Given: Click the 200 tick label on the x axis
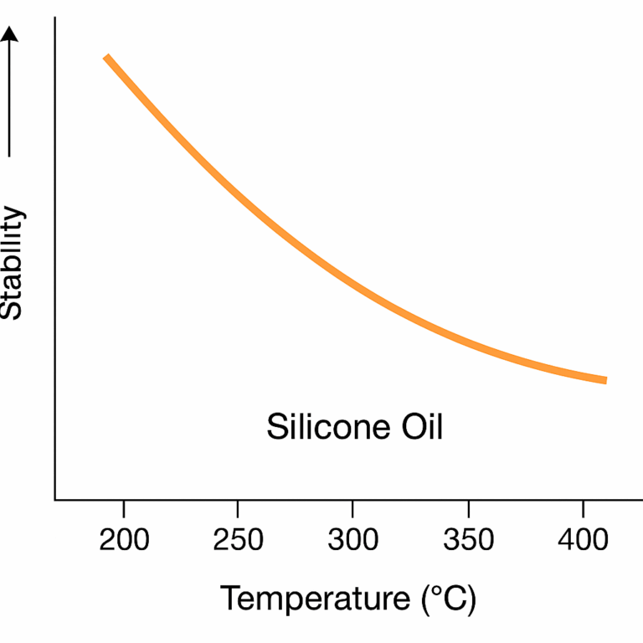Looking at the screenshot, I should point(124,540).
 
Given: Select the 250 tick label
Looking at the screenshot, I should point(239,540).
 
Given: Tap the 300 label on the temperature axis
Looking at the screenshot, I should point(352,540).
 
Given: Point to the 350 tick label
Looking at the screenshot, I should point(467,540).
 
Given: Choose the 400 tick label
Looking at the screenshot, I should point(582,540).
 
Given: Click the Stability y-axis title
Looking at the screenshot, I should point(12,263).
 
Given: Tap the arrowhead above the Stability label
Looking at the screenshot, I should point(10,35).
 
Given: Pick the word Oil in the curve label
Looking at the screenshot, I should point(417,427).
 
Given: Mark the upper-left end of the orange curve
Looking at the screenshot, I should point(106,57).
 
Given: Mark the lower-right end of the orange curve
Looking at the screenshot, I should point(604,380).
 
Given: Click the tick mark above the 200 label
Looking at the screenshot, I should point(124,507).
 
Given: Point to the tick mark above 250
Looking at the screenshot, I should point(239,507).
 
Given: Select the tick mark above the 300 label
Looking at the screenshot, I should point(352,507).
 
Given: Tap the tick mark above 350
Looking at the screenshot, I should point(467,507).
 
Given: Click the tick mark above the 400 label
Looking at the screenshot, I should point(582,507).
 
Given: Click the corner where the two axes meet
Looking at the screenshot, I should point(55,500).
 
